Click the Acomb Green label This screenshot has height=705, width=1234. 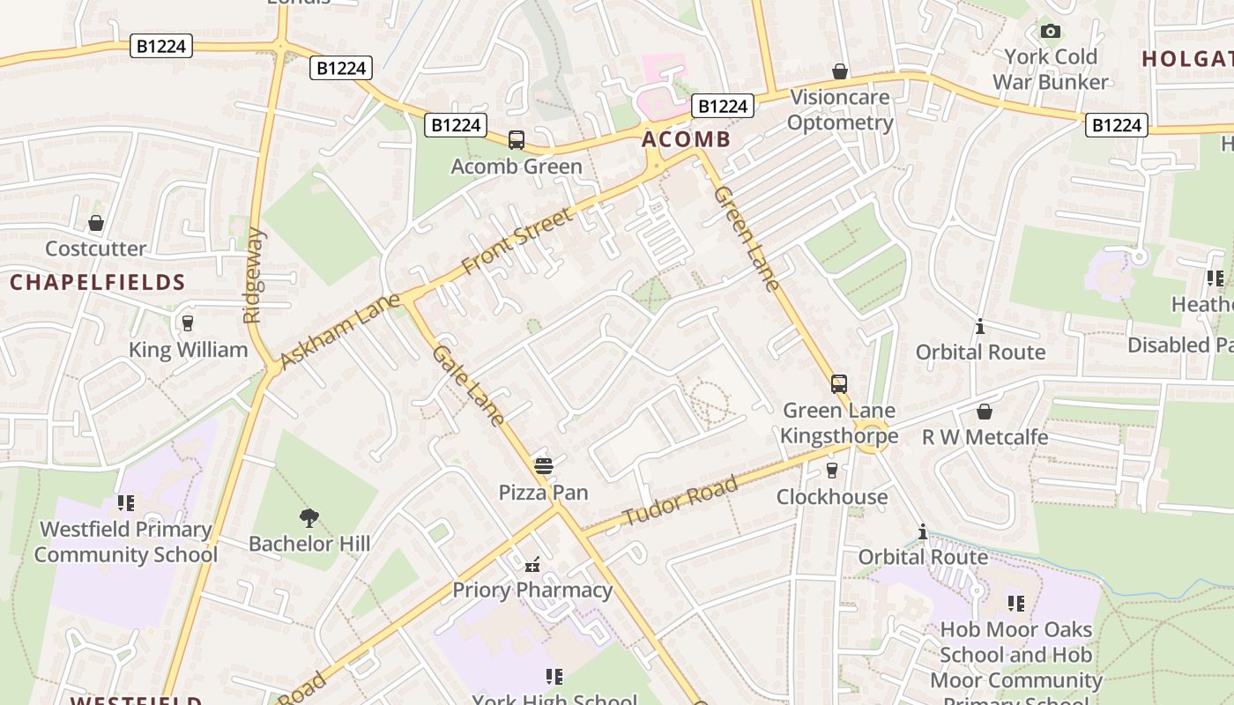[517, 167]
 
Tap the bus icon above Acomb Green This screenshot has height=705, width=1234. [517, 140]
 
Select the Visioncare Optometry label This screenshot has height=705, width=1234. [839, 110]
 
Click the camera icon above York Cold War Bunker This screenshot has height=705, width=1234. [1050, 32]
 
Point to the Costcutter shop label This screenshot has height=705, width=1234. [95, 249]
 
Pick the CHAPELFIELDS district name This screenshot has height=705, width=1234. [98, 283]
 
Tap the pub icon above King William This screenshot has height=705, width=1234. [187, 323]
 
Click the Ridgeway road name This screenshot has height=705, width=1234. [255, 276]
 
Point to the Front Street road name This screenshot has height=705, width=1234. [517, 239]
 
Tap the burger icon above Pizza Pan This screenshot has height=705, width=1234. [543, 465]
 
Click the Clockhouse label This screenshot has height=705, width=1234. [832, 497]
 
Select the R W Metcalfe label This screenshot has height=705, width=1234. [985, 437]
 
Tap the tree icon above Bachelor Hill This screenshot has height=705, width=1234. [308, 517]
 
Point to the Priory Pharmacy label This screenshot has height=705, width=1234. [532, 590]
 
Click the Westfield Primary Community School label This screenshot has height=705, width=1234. [125, 542]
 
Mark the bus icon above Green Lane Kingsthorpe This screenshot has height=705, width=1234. [838, 384]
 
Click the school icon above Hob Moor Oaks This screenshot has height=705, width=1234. [1015, 604]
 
